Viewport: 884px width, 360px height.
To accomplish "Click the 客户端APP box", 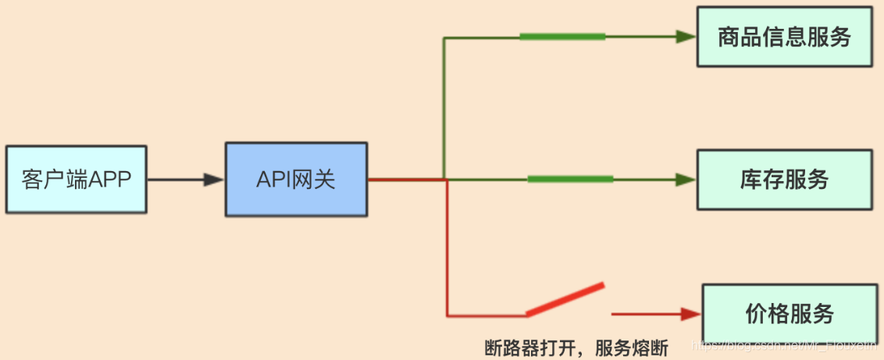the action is coord(76,180).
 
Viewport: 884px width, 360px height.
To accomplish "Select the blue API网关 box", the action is coord(296,180).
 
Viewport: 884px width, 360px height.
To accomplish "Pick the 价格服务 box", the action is coord(790,314).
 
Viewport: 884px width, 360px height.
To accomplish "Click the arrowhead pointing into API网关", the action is coord(214,180).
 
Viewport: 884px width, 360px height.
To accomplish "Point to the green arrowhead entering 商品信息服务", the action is coord(686,37).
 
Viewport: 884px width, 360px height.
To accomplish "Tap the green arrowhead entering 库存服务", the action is coord(686,180).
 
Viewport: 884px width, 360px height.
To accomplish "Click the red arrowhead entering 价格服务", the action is coord(691,314).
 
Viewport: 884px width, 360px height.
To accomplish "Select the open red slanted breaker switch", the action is coord(565,299).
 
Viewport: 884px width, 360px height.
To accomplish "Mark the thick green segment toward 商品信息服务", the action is coord(562,37).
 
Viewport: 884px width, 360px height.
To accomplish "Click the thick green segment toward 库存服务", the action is coord(570,180).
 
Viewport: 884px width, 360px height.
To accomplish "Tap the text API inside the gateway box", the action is coord(273,180).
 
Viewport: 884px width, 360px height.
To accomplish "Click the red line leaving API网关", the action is coord(406,180).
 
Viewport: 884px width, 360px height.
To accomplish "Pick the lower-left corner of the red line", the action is coord(447,315).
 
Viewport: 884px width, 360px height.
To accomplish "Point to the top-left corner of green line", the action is coord(444,37).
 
